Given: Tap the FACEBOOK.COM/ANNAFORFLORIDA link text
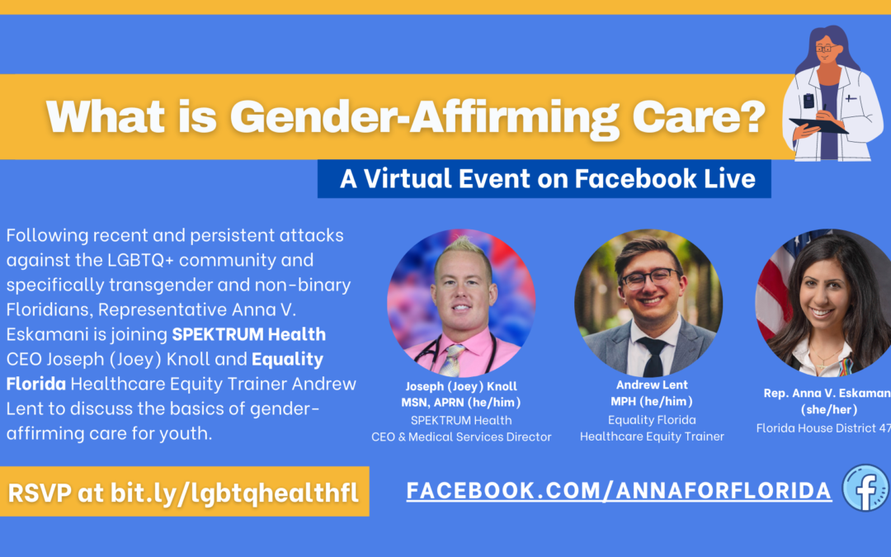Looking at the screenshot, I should coord(619,491).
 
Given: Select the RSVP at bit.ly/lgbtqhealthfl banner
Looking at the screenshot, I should coord(184,493).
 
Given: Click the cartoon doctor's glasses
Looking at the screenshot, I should coord(824,49).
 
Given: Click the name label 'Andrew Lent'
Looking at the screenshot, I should coord(652,385).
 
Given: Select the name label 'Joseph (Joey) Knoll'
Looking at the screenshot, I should coord(461,386).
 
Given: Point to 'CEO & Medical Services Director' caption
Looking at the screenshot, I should coord(461,437).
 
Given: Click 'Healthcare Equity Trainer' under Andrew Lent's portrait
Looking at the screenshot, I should coord(652,437).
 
